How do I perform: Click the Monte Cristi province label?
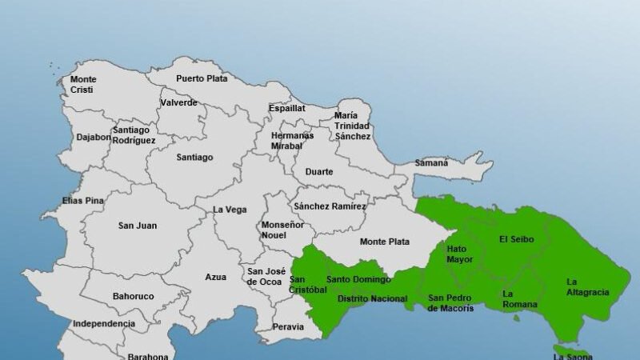(83, 85)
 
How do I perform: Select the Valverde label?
(178, 102)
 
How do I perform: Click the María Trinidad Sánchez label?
(352, 126)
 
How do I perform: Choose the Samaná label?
(431, 162)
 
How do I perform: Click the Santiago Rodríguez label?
(134, 135)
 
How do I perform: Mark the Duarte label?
(319, 171)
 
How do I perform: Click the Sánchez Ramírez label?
(330, 206)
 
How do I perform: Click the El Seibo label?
(517, 238)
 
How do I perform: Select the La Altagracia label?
(587, 286)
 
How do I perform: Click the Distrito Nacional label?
(372, 298)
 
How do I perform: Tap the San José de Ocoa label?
(264, 276)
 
